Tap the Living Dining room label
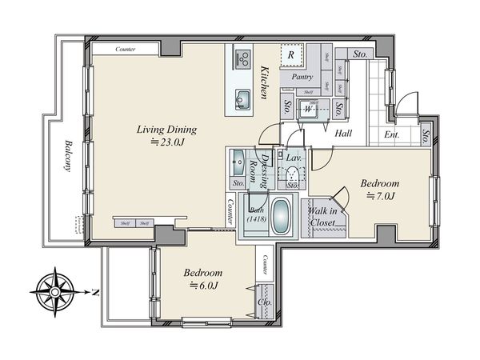click(x=166, y=130)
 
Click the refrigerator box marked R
click(x=292, y=55)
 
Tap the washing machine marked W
click(x=306, y=110)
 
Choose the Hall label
click(x=345, y=134)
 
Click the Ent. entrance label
click(x=392, y=134)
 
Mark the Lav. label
click(x=293, y=158)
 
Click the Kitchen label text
click(x=262, y=83)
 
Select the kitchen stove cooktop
click(x=242, y=57)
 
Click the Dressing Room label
click(x=258, y=169)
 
